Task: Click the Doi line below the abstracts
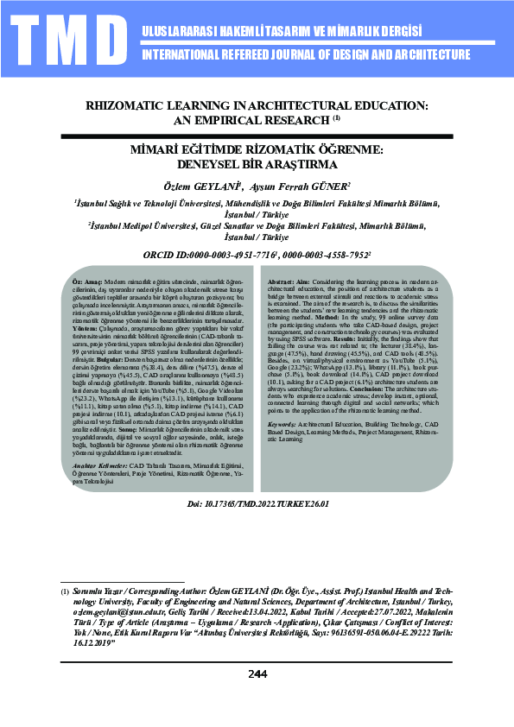pyautogui.click(x=257, y=503)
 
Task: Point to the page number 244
pyautogui.click(x=257, y=699)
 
